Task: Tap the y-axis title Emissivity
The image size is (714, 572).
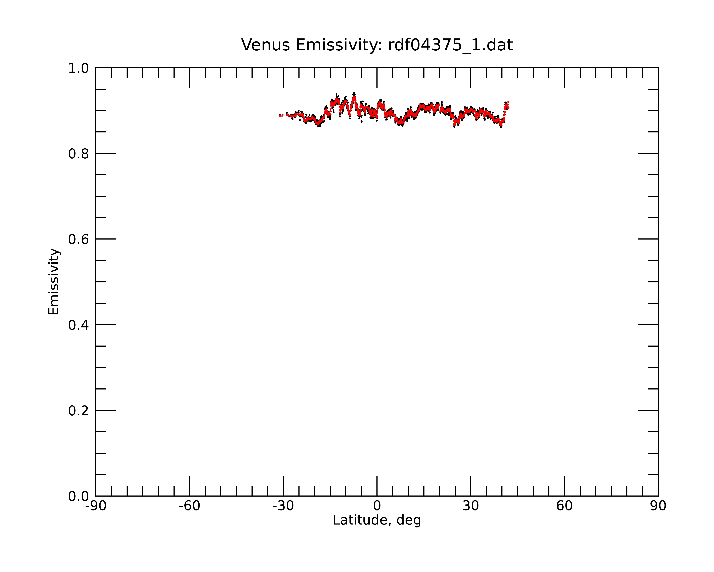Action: point(54,282)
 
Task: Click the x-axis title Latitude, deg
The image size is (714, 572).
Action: point(377,520)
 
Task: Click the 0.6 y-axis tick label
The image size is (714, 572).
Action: point(79,239)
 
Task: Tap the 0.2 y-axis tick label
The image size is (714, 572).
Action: point(79,411)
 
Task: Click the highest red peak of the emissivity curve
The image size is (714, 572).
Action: point(354,96)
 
